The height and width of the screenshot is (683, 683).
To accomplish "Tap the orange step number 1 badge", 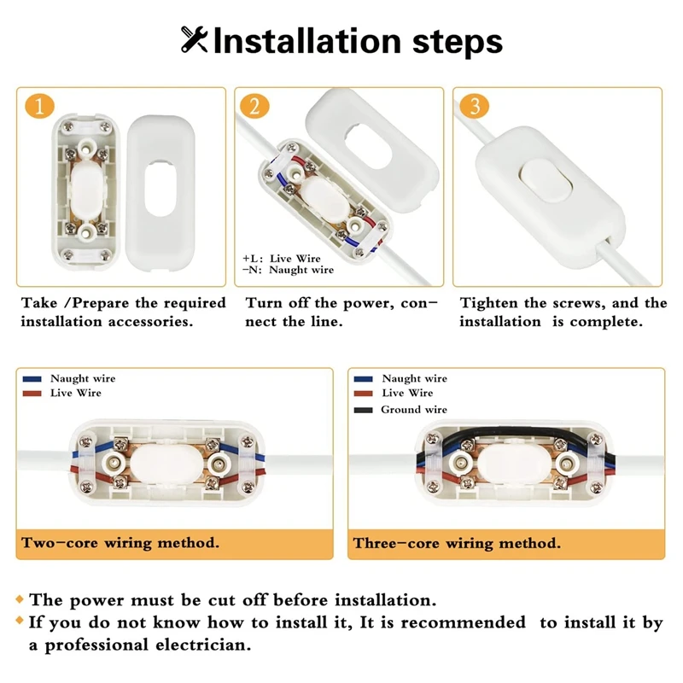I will click(39, 107).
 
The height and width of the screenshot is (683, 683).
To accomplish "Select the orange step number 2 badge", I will click(254, 107).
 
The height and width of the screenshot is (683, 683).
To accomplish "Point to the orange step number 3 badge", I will click(474, 107).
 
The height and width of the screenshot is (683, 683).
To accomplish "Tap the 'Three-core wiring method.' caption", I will click(457, 543).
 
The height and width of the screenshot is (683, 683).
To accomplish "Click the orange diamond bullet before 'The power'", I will click(20, 600).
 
